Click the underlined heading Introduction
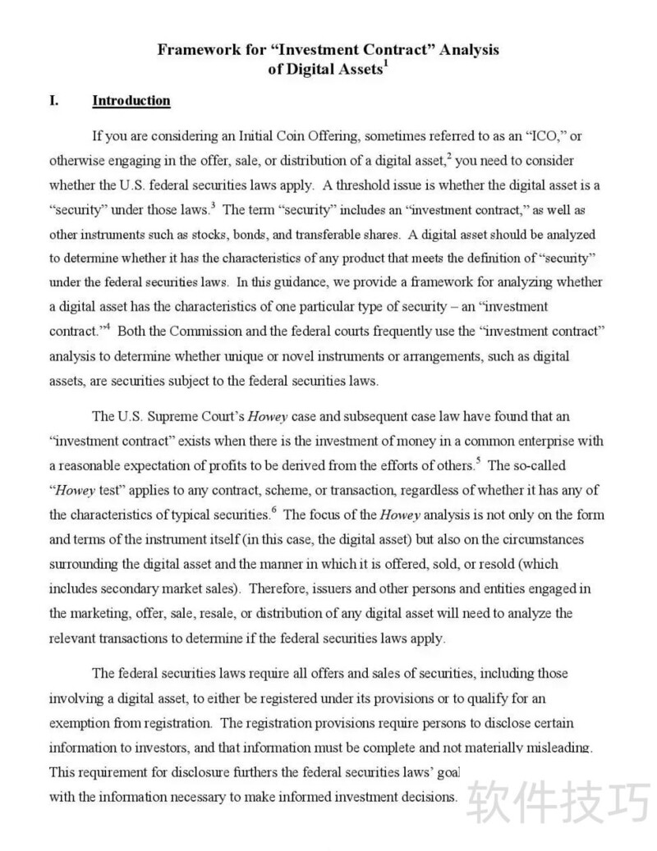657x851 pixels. point(131,101)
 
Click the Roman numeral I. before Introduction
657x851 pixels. point(54,101)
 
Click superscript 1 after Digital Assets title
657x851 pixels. point(385,64)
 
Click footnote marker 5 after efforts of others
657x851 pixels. point(478,460)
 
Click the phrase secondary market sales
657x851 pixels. point(166,588)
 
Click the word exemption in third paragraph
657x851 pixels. point(78,723)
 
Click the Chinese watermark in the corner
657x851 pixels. point(558,801)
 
